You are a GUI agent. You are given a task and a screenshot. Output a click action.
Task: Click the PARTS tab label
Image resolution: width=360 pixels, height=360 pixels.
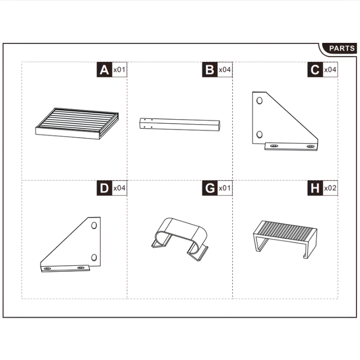(x=342, y=48)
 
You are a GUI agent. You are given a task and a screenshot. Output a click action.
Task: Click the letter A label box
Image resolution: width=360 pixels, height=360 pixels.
(x=104, y=70)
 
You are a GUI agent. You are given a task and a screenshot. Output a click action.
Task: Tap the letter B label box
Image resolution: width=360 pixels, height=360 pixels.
(x=209, y=70)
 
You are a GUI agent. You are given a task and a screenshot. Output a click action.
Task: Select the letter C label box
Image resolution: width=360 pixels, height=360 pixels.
(x=315, y=70)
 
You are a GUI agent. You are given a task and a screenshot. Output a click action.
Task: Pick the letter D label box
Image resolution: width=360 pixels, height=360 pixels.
(x=104, y=188)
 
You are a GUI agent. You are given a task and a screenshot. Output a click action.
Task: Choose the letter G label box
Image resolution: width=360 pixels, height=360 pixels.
(x=209, y=188)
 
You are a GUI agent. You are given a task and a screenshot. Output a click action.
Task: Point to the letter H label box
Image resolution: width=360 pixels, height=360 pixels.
(x=315, y=188)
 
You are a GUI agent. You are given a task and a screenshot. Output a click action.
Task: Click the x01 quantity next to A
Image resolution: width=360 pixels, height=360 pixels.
(x=119, y=70)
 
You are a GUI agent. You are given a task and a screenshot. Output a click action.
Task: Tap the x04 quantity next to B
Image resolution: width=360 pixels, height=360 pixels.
(x=225, y=70)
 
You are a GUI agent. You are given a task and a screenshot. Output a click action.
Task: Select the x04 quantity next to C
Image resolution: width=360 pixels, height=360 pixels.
(x=330, y=70)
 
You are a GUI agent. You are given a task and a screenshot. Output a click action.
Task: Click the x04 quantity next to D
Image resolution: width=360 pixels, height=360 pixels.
(x=119, y=188)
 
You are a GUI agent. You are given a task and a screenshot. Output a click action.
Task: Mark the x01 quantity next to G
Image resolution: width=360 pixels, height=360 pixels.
(x=225, y=188)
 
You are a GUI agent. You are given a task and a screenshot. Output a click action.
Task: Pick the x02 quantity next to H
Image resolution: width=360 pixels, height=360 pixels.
(x=330, y=188)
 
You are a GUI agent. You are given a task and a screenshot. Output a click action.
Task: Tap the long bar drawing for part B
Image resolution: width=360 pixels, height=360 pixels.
(x=180, y=124)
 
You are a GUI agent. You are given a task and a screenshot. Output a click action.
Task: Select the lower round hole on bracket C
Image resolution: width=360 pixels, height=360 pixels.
(x=260, y=134)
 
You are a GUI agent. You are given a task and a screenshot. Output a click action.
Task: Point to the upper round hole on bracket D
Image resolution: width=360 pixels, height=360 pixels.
(x=93, y=225)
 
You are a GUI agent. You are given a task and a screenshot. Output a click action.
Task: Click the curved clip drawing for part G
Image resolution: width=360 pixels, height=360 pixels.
(x=179, y=237)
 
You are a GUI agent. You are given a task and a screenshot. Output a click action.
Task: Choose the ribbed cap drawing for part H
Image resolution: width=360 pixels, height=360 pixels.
(x=284, y=234)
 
